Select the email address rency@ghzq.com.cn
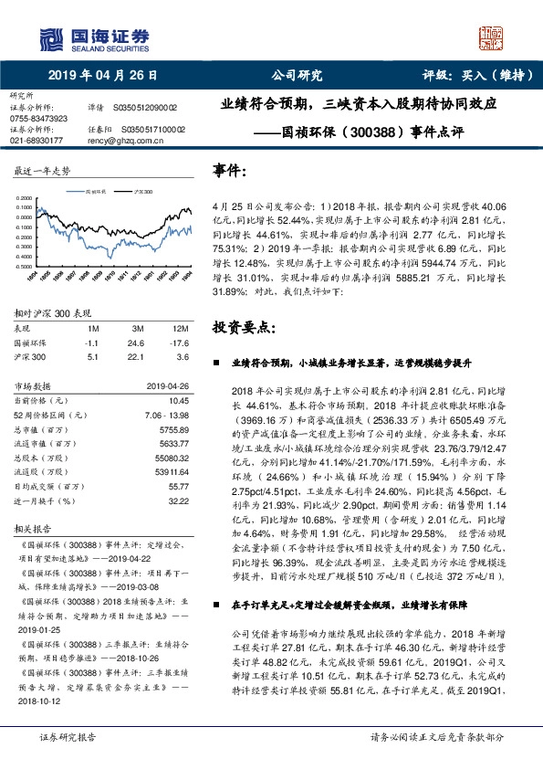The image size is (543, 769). (x=131, y=141)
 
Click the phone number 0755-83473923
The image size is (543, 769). (x=38, y=119)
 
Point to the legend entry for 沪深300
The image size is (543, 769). (x=143, y=194)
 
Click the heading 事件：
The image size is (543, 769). (x=230, y=170)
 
